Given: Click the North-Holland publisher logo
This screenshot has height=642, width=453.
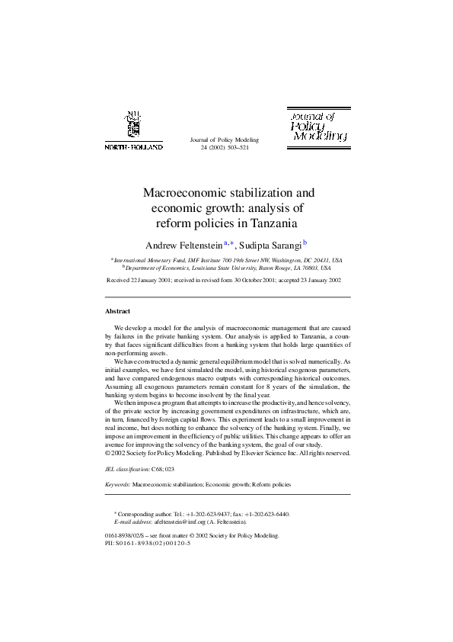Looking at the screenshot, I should tap(132, 130).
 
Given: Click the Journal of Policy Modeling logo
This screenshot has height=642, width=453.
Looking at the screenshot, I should tap(318, 126).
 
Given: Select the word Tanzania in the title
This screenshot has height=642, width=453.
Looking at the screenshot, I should tap(271, 223).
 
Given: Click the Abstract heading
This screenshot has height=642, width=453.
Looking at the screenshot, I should tap(117, 311).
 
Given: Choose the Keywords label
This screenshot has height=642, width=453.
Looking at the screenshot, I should tap(117, 484).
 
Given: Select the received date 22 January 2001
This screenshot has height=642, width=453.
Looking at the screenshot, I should tap(151, 281).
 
